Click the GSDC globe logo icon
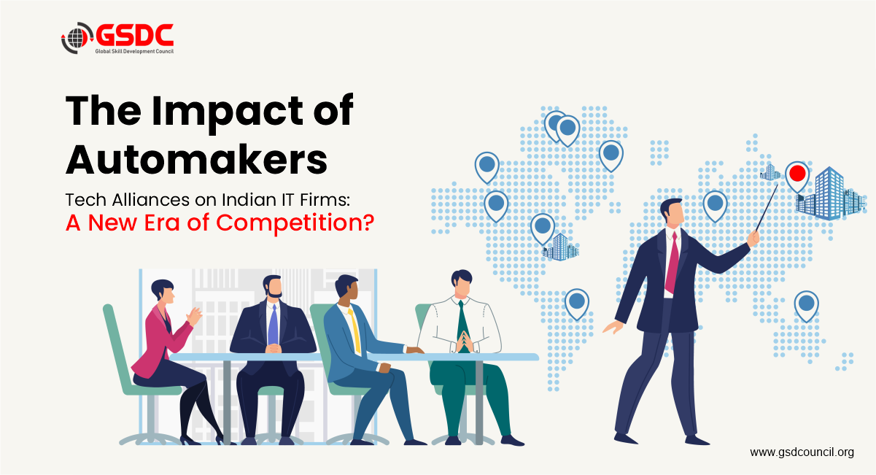pyautogui.click(x=77, y=38)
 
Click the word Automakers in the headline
pyautogui.click(x=197, y=159)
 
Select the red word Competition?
pyautogui.click(x=295, y=223)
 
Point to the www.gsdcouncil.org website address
pyautogui.click(x=802, y=452)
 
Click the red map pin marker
pyautogui.click(x=797, y=176)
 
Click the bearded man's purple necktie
pyautogui.click(x=274, y=325)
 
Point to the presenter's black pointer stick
pyautogui.click(x=767, y=208)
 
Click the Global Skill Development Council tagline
pyautogui.click(x=134, y=51)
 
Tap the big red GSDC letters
pyautogui.click(x=134, y=35)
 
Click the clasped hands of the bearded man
pyautogui.click(x=273, y=348)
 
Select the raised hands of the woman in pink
pyautogui.click(x=194, y=316)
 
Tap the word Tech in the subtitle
pyautogui.click(x=85, y=199)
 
